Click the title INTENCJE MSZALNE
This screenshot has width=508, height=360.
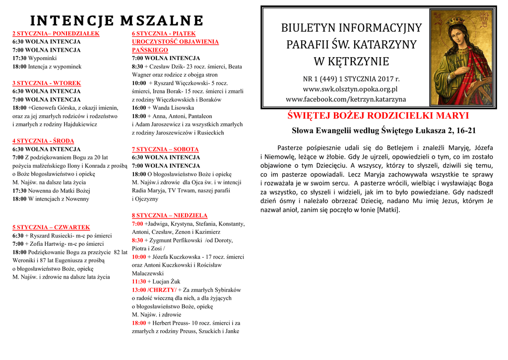click(x=117, y=20)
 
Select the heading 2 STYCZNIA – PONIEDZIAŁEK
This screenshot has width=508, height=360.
click(x=56, y=34)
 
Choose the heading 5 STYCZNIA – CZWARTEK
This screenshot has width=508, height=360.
click(x=51, y=227)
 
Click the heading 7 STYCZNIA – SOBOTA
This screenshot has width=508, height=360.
click(x=165, y=149)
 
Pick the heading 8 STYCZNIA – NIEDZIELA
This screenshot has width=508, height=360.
click(x=170, y=216)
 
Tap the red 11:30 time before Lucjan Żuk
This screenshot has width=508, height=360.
click(x=139, y=282)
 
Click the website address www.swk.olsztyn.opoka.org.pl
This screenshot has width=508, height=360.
click(x=350, y=89)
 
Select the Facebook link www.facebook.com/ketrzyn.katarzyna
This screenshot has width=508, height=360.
click(x=346, y=99)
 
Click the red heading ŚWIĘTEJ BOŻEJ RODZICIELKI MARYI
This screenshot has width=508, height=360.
click(x=378, y=116)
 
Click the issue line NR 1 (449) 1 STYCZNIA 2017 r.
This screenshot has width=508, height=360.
click(x=351, y=79)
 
